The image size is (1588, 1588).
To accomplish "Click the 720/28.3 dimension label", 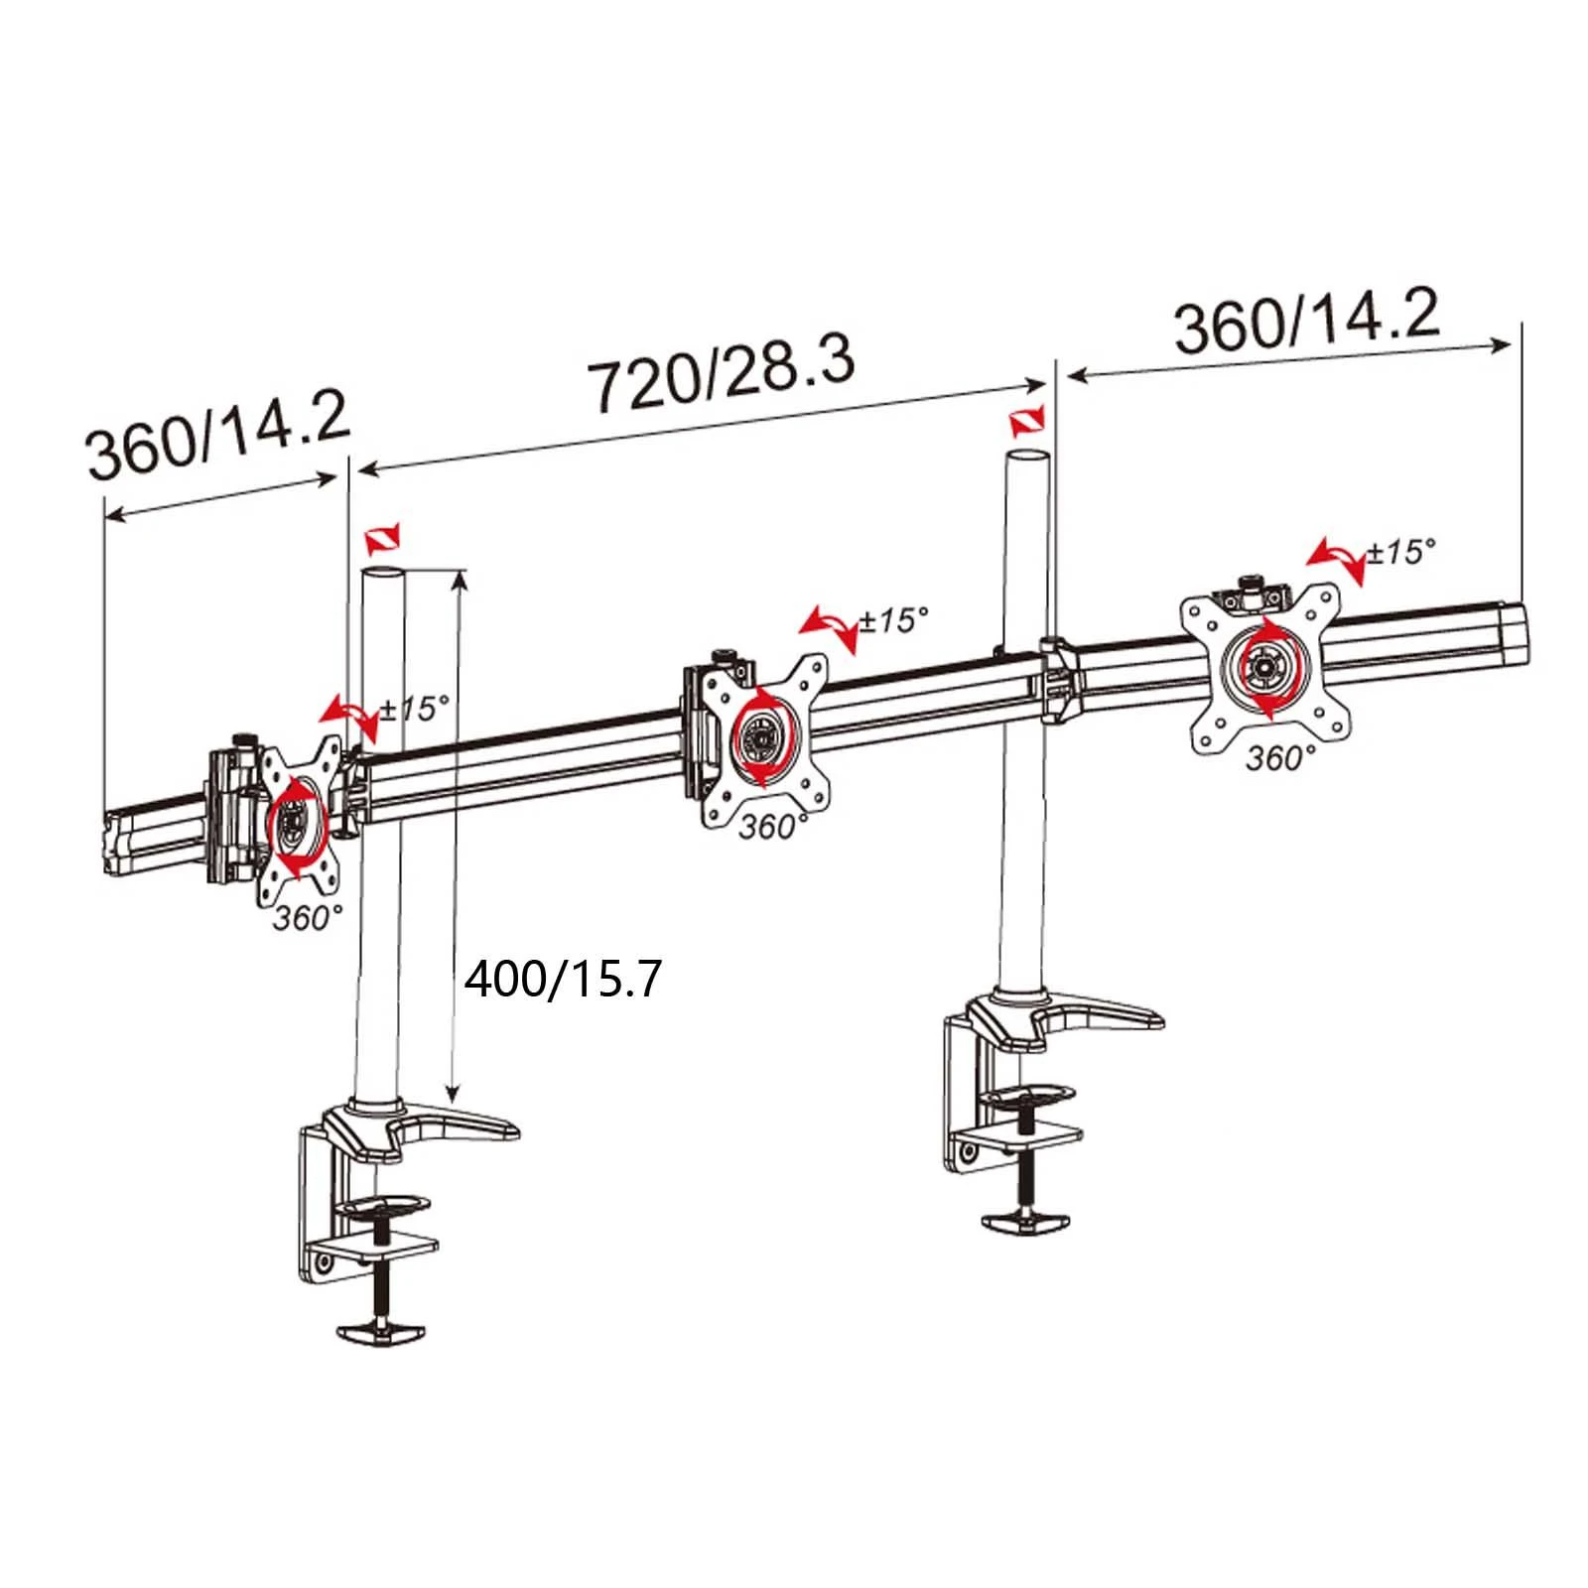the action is pyautogui.click(x=722, y=372).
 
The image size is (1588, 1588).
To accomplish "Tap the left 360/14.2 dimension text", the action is pyautogui.click(x=219, y=438).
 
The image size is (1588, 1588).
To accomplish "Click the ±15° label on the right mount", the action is pyautogui.click(x=1401, y=551).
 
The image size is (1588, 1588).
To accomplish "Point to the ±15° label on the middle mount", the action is pyautogui.click(x=894, y=619).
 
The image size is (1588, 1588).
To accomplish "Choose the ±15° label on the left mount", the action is pyautogui.click(x=415, y=708).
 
